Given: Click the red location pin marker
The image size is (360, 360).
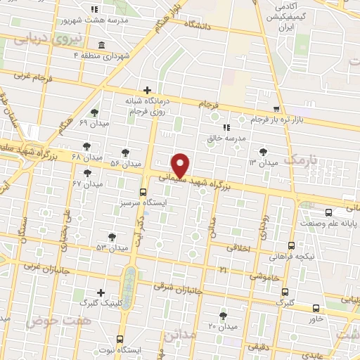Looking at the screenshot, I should coord(181,165).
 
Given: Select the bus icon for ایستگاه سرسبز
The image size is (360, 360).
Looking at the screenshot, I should coord(143,192).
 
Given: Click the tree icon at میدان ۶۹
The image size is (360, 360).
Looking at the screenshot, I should coord(95,112).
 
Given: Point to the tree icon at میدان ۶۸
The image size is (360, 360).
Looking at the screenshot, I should coord(86,146).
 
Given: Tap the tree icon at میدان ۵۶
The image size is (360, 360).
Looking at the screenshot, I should coord(125,153).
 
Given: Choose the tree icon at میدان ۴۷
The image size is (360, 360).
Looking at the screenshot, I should coord(88,173).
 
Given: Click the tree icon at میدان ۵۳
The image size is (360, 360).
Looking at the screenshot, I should coord(112,237).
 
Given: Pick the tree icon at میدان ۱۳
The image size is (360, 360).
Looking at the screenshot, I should coord(263,151).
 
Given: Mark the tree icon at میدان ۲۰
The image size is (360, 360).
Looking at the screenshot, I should coord(224,316).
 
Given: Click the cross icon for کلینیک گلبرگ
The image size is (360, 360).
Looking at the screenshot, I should coord(101,292).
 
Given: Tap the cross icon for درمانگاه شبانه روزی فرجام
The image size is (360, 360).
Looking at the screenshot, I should coord(147,90).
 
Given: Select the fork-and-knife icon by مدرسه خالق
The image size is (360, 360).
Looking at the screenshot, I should coord(226,127).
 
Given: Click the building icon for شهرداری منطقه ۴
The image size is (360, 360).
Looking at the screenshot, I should coord(102,46).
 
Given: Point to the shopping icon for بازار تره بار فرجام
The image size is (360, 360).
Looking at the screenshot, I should coord(276,110).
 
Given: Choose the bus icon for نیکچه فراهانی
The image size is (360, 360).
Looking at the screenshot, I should coord(292,245).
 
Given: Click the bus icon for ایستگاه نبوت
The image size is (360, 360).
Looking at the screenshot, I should coord(120,338).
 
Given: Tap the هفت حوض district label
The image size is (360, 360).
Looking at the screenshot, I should coord(49,321).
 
